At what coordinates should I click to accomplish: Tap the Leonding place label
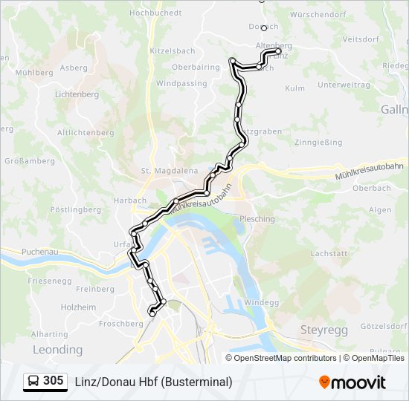coord(57,349)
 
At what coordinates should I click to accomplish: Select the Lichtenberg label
coord(77,95)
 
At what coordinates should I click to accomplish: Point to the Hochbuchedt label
coord(155,13)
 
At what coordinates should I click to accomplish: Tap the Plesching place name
coord(257,219)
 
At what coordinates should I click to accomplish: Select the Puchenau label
coord(40,252)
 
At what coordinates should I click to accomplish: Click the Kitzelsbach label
coord(172,51)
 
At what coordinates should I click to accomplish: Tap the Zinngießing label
coord(318,142)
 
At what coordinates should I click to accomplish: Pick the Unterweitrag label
coord(344,85)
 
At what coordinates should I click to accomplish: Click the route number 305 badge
coord(53,381)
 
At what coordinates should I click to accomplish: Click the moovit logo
coord(352,382)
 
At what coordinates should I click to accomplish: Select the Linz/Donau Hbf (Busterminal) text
coord(153,382)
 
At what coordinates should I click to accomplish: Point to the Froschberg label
coord(120,324)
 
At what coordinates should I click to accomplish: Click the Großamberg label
coord(30,160)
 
